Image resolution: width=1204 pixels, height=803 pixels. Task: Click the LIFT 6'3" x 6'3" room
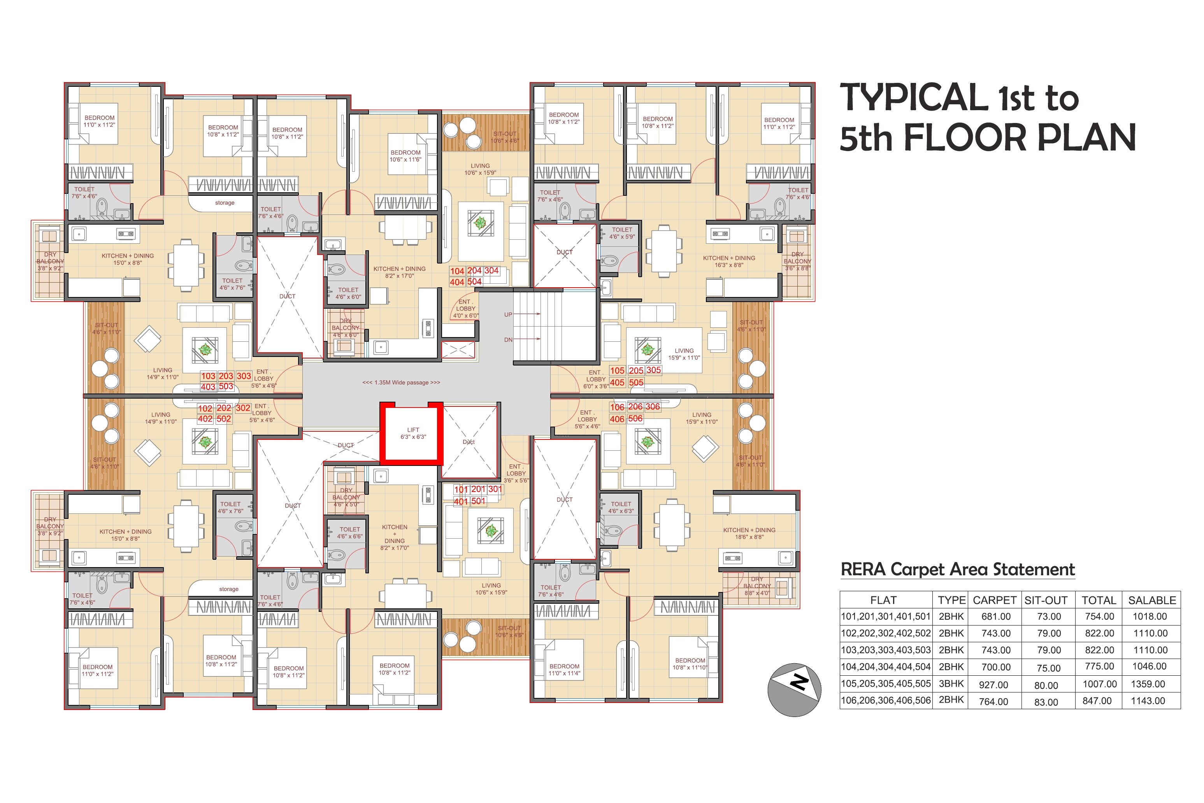[x=412, y=434]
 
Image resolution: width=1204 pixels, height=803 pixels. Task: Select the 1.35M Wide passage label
[x=401, y=383]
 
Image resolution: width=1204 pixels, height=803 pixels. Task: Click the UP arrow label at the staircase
[x=508, y=315]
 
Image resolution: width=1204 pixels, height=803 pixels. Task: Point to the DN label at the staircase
[x=508, y=339]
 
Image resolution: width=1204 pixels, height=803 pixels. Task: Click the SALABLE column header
[x=1152, y=600]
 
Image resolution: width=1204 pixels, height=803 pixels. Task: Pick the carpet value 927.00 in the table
[x=993, y=685]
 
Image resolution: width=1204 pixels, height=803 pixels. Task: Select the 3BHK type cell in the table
[x=951, y=684]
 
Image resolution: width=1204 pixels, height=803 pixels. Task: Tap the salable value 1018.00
[x=1150, y=617]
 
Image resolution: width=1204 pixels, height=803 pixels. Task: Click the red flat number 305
[x=653, y=370]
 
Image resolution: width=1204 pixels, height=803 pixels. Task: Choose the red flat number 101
[x=461, y=490]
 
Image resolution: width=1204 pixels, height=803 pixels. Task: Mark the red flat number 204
[x=474, y=271]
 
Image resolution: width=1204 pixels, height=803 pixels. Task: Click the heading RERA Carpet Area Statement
[x=957, y=569]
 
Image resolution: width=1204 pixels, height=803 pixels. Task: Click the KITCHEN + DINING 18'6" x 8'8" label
[x=749, y=534]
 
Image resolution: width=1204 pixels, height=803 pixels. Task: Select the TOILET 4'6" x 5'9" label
[x=621, y=234]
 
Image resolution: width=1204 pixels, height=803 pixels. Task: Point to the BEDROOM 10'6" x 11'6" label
[x=405, y=156]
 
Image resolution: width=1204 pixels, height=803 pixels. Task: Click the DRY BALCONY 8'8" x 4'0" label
[x=756, y=586]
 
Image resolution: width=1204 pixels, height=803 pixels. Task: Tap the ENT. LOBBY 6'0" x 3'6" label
[x=595, y=380]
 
